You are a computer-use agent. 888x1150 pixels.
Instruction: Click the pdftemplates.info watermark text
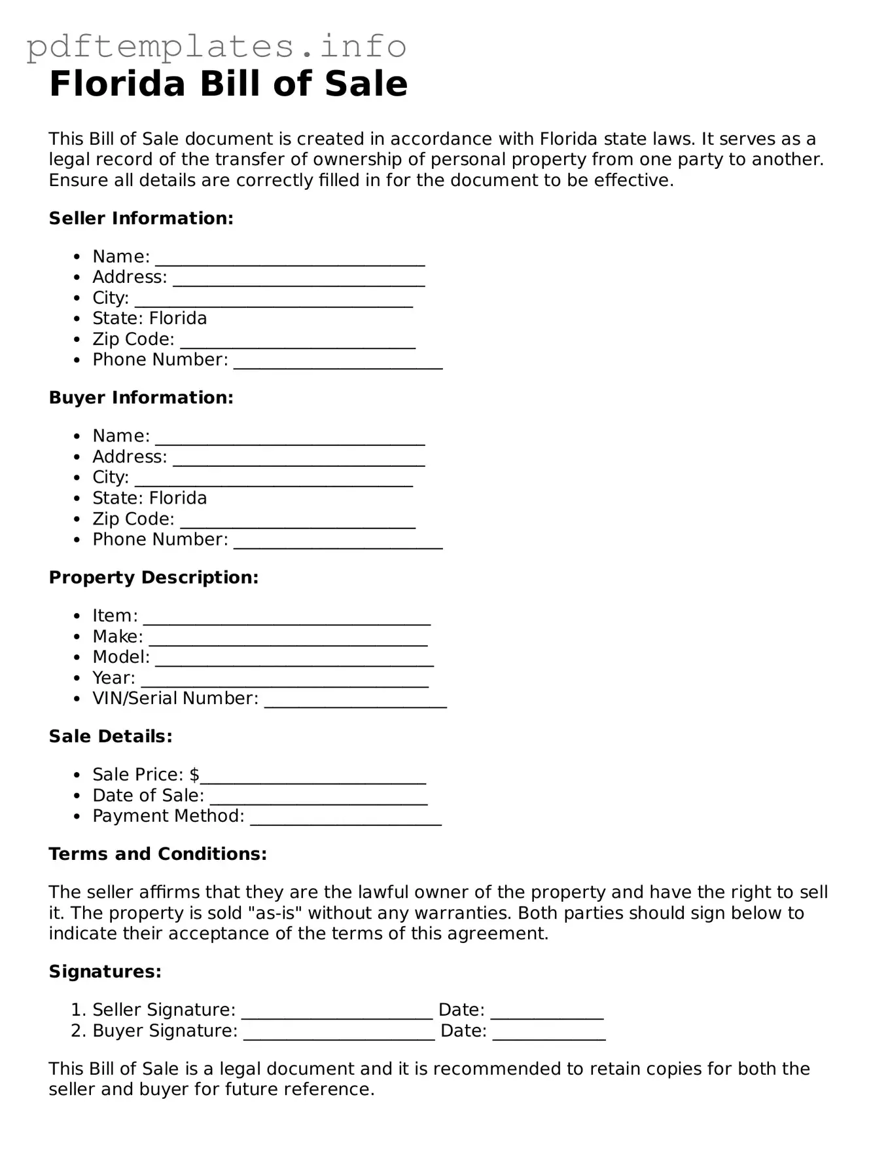tap(216, 46)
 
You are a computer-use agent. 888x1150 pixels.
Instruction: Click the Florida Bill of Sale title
tap(228, 84)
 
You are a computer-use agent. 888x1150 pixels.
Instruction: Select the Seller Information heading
tap(141, 218)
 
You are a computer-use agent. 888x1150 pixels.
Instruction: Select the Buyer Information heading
tap(141, 398)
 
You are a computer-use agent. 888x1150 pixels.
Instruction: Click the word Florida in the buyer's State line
tap(178, 498)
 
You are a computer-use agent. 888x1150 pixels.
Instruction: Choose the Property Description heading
tap(154, 577)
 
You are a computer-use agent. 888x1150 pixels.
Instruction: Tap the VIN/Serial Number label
tap(175, 698)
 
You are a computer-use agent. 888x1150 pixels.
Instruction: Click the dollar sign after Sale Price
tap(194, 774)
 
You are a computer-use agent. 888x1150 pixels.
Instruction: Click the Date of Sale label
tap(148, 795)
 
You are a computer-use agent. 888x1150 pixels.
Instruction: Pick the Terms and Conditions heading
tap(158, 853)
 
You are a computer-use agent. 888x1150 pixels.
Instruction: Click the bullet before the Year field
tap(78, 678)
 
